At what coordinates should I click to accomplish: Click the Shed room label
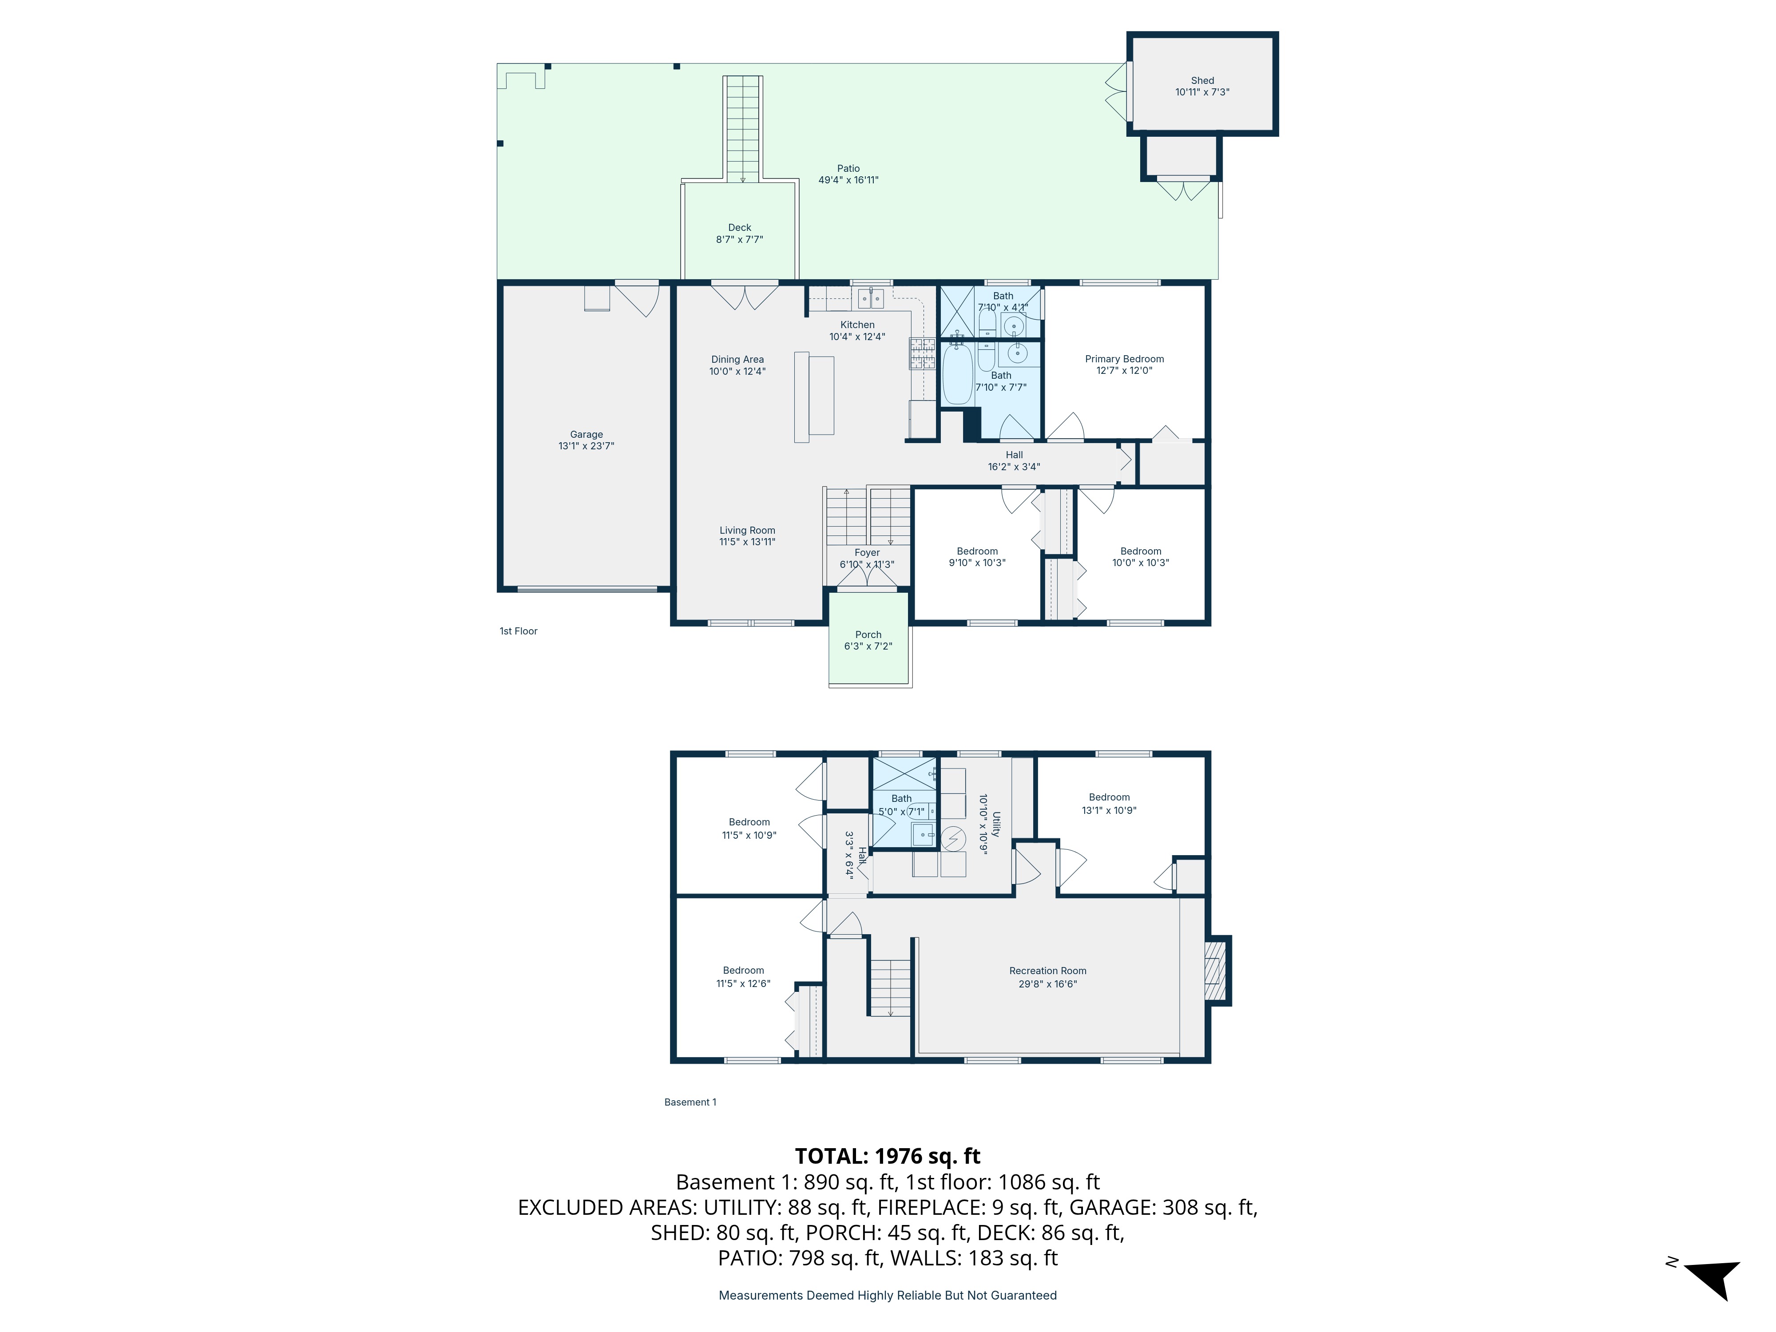[1202, 80]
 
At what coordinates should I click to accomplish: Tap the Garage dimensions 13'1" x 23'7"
[586, 446]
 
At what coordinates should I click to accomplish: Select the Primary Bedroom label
[1124, 359]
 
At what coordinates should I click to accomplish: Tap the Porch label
[868, 634]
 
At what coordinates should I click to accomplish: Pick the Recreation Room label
[1048, 971]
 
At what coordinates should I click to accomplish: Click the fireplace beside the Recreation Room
[1217, 970]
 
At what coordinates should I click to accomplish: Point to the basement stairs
[890, 987]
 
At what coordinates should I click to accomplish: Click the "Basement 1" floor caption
[690, 1102]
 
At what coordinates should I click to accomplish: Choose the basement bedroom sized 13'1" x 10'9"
[1109, 804]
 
